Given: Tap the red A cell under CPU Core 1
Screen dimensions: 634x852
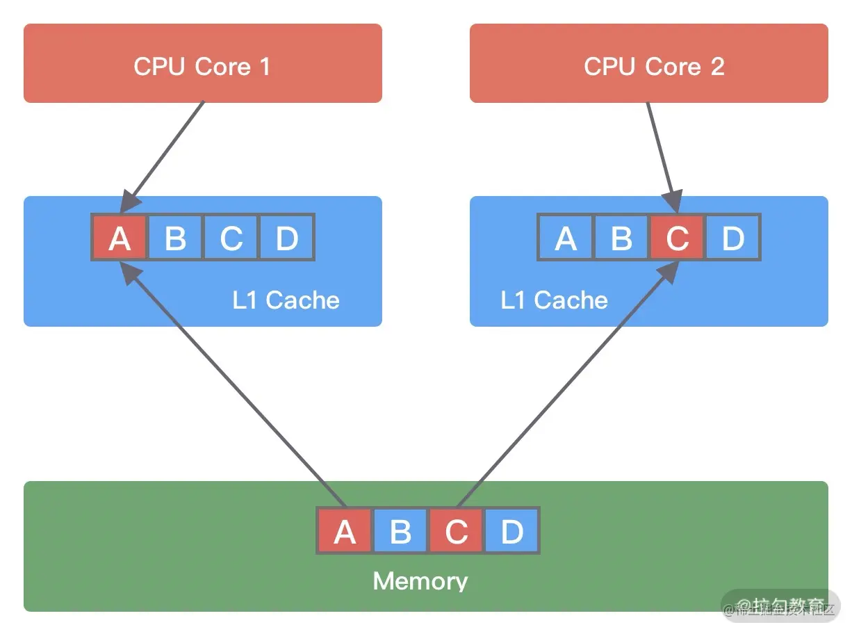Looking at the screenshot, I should pyautogui.click(x=120, y=238).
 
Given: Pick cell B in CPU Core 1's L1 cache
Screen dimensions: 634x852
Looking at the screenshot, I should pyautogui.click(x=175, y=238).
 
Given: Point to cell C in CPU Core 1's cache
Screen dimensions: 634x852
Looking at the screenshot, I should pyautogui.click(x=231, y=238).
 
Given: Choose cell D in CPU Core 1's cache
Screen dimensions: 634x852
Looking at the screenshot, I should pyautogui.click(x=286, y=238).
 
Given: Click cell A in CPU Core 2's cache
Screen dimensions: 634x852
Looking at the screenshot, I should pyautogui.click(x=566, y=238).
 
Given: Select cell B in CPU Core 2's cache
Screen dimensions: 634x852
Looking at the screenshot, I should pyautogui.click(x=621, y=238).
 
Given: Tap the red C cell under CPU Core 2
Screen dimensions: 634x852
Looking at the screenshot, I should pyautogui.click(x=677, y=238).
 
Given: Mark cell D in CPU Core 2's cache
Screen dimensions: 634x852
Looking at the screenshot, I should pyautogui.click(x=732, y=238).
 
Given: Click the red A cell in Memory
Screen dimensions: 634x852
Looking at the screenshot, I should pyautogui.click(x=345, y=531).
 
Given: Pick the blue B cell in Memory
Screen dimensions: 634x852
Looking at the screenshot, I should pyautogui.click(x=400, y=531).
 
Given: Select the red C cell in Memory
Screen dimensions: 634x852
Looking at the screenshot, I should pyautogui.click(x=456, y=531).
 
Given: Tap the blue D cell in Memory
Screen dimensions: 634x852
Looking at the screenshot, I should pyautogui.click(x=511, y=531).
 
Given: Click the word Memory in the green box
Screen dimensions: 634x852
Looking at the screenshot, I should pyautogui.click(x=420, y=581).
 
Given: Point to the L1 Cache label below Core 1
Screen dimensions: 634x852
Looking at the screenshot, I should pyautogui.click(x=286, y=300).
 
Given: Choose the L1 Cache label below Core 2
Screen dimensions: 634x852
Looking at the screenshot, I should pyautogui.click(x=554, y=300).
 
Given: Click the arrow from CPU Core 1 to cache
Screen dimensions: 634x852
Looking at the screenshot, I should pyautogui.click(x=167, y=153).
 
